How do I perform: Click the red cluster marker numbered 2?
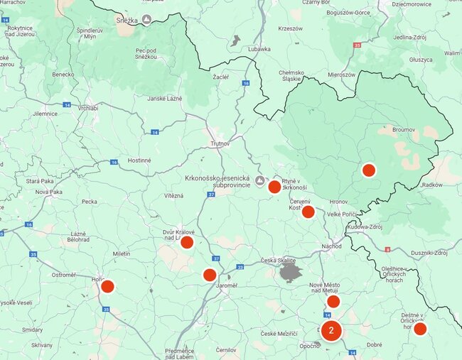[x=331, y=330]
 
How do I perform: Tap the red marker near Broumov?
[x=368, y=170]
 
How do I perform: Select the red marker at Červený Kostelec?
[x=308, y=212]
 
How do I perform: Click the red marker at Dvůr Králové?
[x=187, y=242]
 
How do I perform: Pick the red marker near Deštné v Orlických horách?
[x=420, y=329]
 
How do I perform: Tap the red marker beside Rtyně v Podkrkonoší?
[x=274, y=187]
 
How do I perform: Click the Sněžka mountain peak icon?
[x=146, y=20]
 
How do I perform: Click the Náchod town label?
[x=331, y=246]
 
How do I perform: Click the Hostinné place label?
[x=139, y=160]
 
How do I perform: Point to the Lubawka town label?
[x=259, y=49]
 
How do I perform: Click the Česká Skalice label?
[x=278, y=260]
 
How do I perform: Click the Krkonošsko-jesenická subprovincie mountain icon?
[x=259, y=181]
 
